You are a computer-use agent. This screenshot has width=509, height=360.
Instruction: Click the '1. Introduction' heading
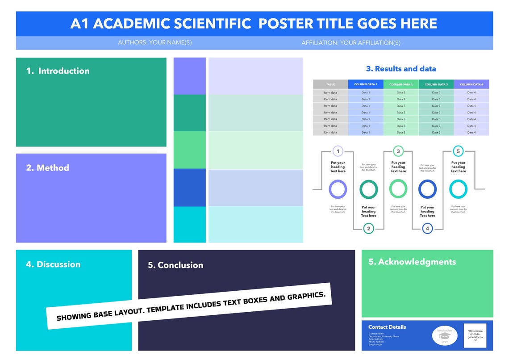(x=58, y=71)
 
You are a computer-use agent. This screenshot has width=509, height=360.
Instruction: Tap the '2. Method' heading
(x=48, y=168)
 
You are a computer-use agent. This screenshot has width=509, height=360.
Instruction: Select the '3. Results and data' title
(x=401, y=69)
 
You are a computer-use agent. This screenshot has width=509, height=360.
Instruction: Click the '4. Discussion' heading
(x=53, y=264)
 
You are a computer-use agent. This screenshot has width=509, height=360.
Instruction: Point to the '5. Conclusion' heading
(x=175, y=265)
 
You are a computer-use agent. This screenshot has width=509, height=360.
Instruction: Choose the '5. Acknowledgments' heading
(x=412, y=262)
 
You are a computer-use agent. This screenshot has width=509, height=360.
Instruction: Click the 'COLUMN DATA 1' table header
(x=366, y=84)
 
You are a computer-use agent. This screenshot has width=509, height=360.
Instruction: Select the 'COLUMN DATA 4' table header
(x=471, y=84)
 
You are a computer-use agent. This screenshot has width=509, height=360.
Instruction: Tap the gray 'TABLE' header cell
(x=330, y=84)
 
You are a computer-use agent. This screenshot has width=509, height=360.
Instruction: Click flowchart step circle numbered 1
(x=338, y=151)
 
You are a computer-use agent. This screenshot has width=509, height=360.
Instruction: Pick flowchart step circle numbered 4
(x=427, y=229)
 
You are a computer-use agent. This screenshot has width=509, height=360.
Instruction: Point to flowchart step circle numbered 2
(x=368, y=229)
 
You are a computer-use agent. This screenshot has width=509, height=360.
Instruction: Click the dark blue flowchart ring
(x=427, y=189)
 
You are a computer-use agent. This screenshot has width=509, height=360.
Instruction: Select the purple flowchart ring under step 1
(x=338, y=189)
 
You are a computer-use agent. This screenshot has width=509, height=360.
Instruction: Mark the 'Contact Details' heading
(x=387, y=327)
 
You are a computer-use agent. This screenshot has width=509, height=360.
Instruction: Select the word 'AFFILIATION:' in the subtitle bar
(x=320, y=43)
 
